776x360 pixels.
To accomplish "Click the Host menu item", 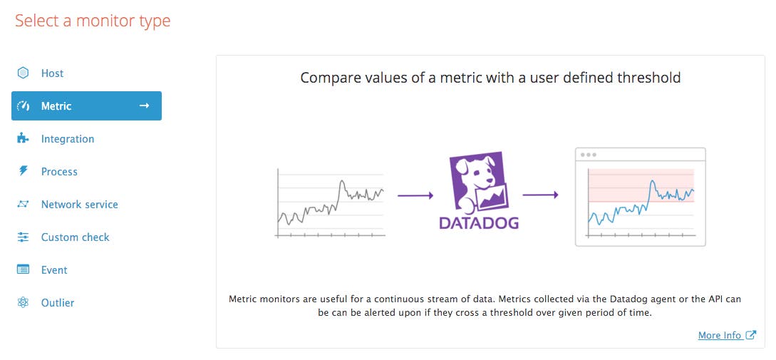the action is tap(52, 73).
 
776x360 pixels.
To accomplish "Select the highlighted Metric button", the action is tap(87, 106).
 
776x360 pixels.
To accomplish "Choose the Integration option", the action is tap(67, 139).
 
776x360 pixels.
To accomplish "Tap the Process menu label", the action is tap(59, 172).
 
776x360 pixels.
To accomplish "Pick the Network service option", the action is tap(80, 205).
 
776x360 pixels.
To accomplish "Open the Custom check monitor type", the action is tap(76, 237).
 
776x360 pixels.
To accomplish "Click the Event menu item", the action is tap(54, 270).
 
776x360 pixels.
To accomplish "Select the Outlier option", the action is tap(58, 302).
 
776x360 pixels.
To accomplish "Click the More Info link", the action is tap(720, 335).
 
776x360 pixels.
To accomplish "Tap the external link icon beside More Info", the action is tap(751, 335).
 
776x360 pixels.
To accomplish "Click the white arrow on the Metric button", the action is tap(144, 106).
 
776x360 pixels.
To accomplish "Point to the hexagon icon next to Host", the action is tap(23, 73).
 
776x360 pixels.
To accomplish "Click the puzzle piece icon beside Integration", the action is tap(23, 138).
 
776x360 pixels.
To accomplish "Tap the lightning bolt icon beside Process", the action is tap(23, 171).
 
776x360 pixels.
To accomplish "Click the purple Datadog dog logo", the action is tap(479, 182).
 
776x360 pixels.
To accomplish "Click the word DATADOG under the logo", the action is tap(479, 223).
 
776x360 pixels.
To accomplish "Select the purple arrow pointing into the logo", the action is tap(415, 195).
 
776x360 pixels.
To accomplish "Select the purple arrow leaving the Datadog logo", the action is tap(540, 195).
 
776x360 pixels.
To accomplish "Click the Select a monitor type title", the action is tap(93, 21).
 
